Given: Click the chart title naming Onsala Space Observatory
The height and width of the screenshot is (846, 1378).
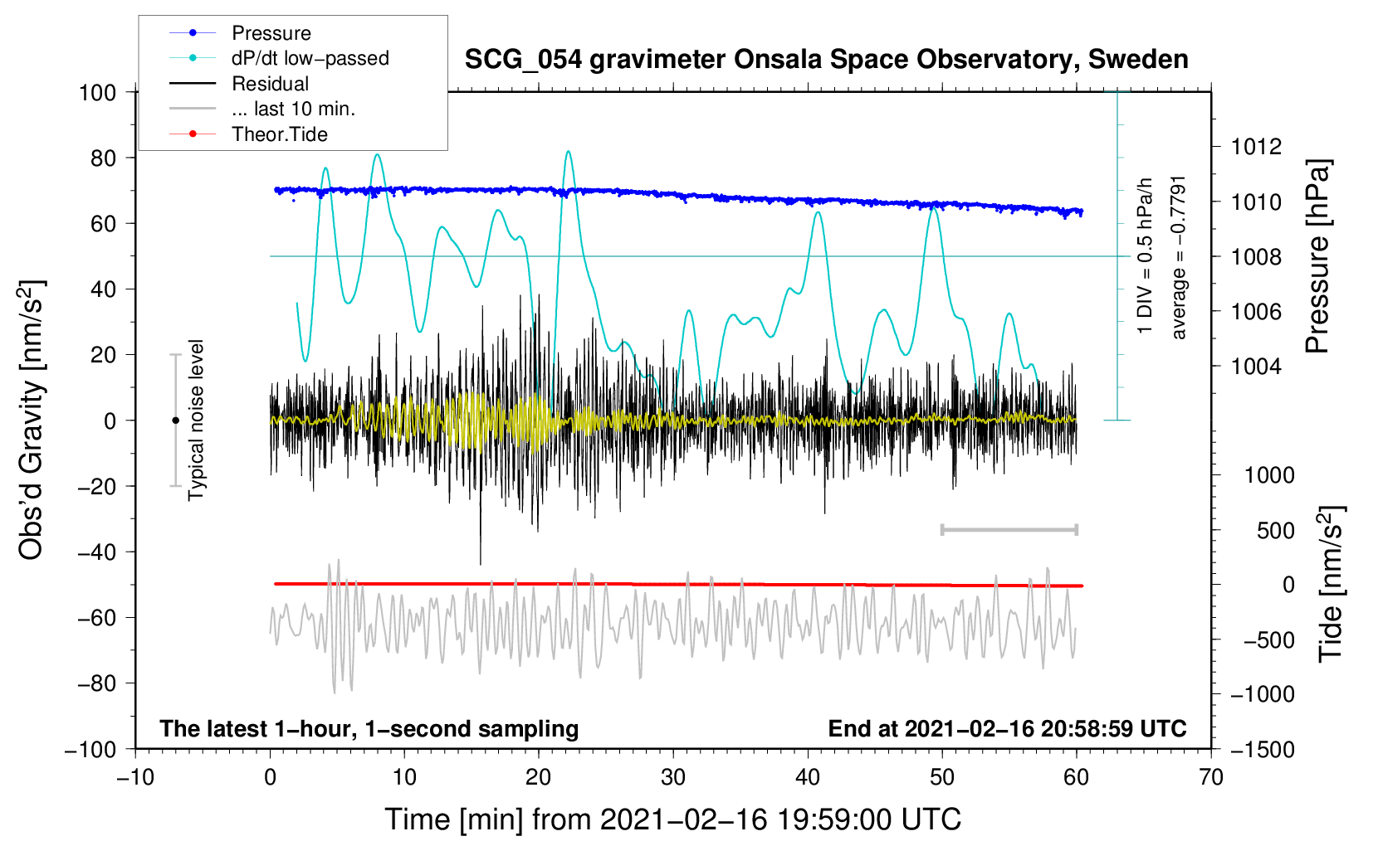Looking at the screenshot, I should click(x=826, y=60).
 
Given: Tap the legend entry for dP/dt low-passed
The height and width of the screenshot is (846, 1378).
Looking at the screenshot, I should click(x=310, y=58).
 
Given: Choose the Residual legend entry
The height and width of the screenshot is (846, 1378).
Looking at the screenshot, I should click(x=270, y=84).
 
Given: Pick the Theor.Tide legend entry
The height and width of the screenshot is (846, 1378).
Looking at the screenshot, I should click(x=279, y=134).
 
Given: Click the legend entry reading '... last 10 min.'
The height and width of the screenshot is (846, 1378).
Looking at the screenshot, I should click(x=293, y=109).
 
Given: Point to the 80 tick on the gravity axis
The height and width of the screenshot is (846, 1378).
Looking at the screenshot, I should click(x=104, y=158).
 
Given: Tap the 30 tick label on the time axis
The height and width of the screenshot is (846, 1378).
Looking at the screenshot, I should click(x=673, y=778).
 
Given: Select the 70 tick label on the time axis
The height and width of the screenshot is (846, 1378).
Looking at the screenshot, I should click(x=1211, y=778).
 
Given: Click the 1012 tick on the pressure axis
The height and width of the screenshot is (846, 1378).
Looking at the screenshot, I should click(x=1256, y=147).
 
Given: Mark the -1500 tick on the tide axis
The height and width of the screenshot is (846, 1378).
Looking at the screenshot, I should click(x=1262, y=749).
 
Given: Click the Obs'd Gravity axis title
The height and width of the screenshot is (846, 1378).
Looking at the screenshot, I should click(x=32, y=420).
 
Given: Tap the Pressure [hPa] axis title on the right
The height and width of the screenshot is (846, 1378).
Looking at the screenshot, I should click(x=1317, y=256).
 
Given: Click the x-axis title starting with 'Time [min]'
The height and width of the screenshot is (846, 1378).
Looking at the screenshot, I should click(x=673, y=819).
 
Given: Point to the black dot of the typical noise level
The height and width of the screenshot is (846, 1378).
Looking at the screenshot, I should click(x=175, y=421).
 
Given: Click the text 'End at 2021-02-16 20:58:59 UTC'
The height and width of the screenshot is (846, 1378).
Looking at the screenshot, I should click(x=1007, y=728).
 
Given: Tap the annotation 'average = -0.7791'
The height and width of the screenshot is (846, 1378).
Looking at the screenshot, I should click(x=1179, y=257).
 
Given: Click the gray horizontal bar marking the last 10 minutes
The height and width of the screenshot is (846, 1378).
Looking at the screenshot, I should click(x=1009, y=529).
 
